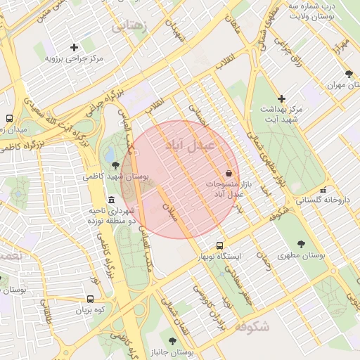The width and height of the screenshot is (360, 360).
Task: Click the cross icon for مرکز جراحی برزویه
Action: [x=74, y=47]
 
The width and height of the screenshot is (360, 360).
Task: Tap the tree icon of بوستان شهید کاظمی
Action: [x=115, y=165]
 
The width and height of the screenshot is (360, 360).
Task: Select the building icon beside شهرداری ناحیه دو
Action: [x=112, y=201]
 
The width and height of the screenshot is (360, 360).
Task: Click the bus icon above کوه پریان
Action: [x=90, y=298]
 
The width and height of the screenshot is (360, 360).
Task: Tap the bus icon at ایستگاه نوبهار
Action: [x=220, y=246]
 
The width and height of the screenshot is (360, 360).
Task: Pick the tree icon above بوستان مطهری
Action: [x=301, y=244]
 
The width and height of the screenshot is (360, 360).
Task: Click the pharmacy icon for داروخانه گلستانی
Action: [x=323, y=190]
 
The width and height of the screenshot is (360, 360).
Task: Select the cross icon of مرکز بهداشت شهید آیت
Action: [x=282, y=98]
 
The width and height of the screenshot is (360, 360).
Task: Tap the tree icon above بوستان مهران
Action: [x=349, y=74]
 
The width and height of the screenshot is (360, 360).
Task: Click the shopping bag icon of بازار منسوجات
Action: [x=229, y=174]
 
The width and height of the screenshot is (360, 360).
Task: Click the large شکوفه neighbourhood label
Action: [x=252, y=327]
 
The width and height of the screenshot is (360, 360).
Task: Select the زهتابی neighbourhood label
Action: [x=130, y=26]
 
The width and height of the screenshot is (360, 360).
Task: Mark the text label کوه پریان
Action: [x=90, y=309]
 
